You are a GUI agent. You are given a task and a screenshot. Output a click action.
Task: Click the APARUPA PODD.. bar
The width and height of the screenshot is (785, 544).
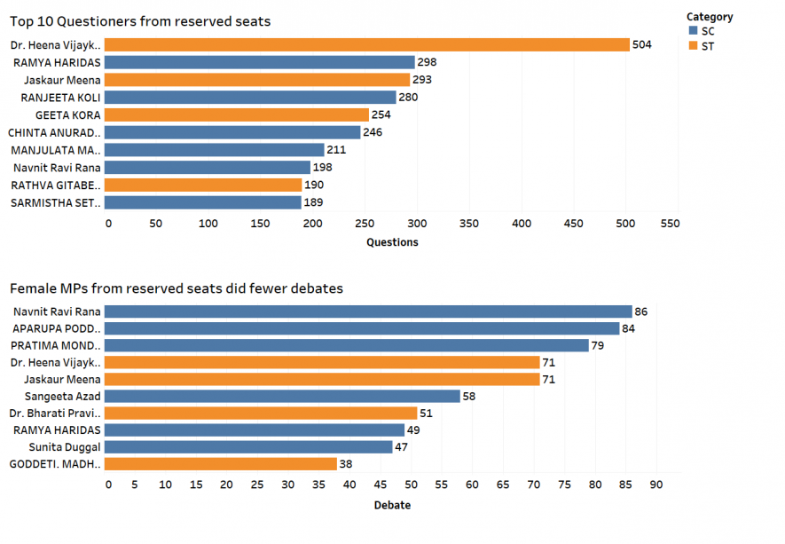[x=363, y=328]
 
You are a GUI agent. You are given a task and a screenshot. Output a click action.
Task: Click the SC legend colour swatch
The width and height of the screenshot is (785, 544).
[x=693, y=31]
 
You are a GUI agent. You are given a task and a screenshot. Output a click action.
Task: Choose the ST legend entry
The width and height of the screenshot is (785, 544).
[x=707, y=46]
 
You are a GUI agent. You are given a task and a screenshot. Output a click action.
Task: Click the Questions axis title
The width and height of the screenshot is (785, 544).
[x=392, y=242]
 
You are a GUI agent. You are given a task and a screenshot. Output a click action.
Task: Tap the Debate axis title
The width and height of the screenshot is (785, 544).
[x=392, y=505]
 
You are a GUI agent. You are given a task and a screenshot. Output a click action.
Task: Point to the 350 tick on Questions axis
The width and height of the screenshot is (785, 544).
[x=469, y=224]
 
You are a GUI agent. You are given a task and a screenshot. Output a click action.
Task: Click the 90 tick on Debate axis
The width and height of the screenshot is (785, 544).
[x=656, y=485]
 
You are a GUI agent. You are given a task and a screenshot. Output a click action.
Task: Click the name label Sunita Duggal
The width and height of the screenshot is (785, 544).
[x=65, y=446]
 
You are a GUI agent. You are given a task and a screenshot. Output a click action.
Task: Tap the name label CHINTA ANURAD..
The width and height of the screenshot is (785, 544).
[x=54, y=132]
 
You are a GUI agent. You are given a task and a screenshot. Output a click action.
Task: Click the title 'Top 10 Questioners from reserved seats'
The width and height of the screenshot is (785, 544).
[x=140, y=20]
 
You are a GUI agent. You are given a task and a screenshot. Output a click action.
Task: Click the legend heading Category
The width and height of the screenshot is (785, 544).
[x=710, y=16]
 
